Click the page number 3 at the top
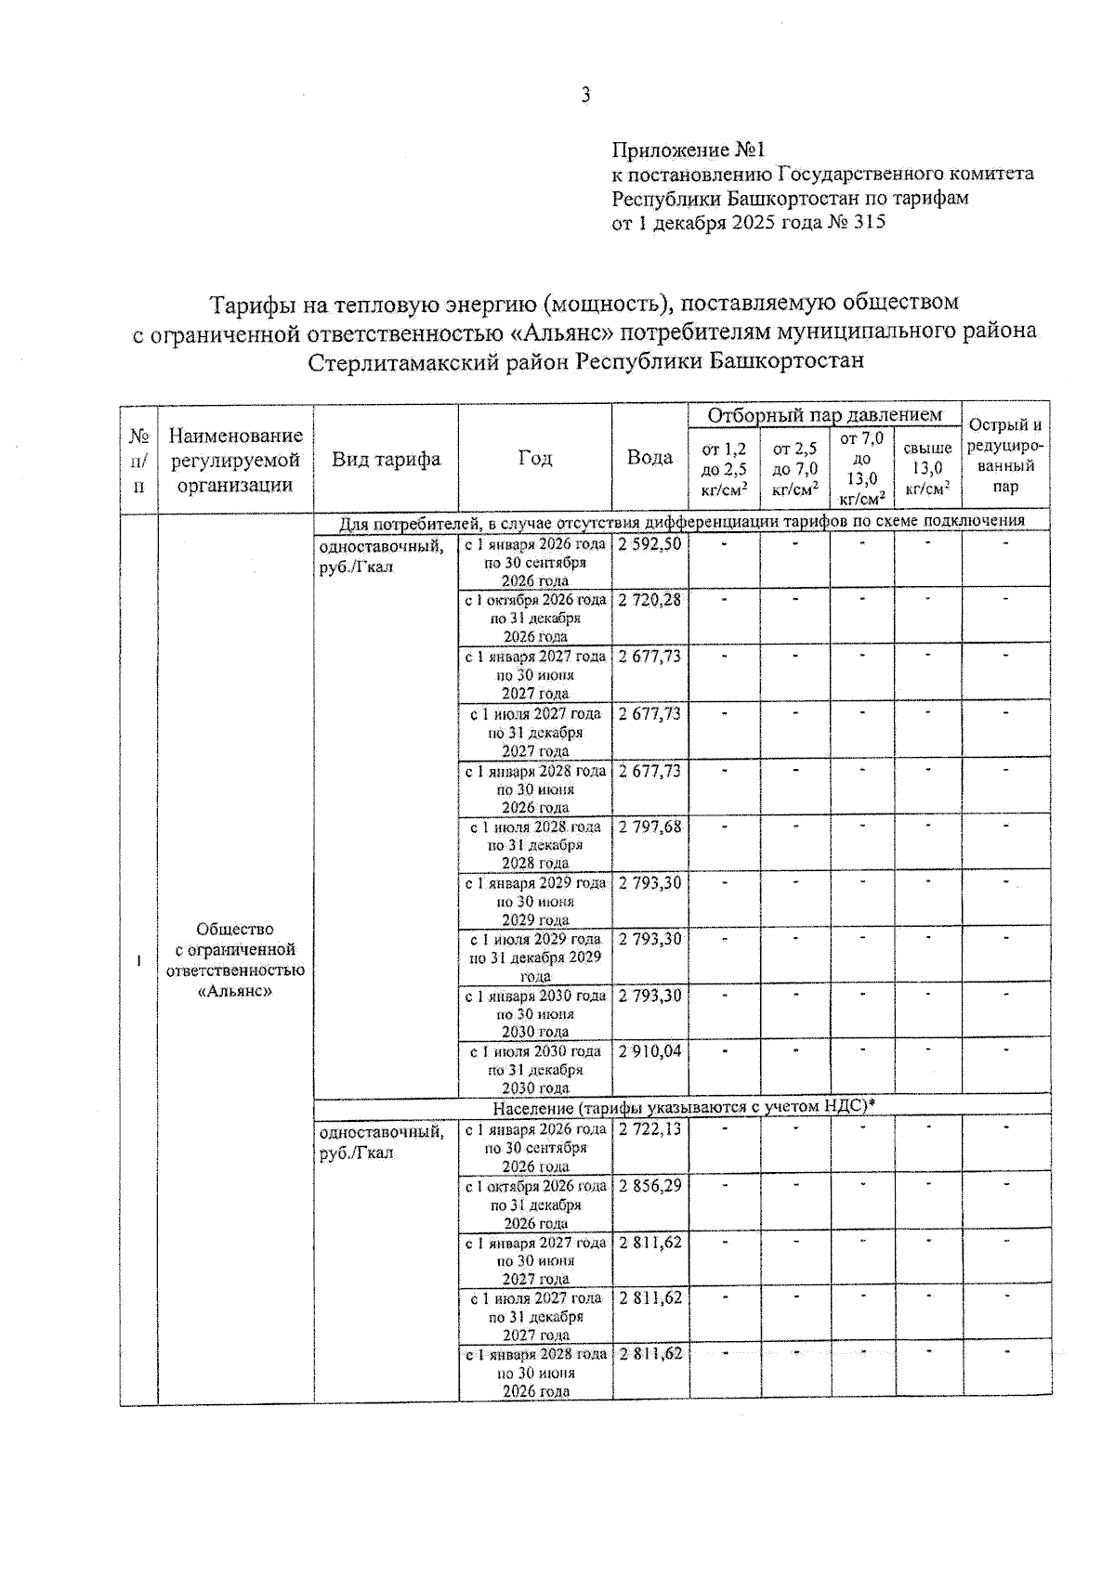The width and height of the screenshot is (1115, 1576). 585,96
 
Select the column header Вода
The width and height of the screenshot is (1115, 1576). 649,458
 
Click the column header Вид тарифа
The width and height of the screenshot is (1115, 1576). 386,459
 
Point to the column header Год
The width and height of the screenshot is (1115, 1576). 534,459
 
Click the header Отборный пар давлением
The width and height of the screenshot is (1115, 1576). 824,415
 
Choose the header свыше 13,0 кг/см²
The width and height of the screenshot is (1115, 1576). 926,468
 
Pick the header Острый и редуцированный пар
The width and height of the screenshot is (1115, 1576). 1005,456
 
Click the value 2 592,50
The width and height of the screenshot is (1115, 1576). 649,544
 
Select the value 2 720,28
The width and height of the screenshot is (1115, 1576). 649,601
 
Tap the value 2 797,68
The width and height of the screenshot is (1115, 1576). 649,827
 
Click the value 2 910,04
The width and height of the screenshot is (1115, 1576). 649,1051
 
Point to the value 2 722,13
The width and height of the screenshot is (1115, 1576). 649,1129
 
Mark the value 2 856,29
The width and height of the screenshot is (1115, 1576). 649,1186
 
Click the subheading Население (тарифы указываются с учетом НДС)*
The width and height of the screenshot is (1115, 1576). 683,1106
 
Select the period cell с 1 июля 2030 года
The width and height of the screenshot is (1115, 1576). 535,1070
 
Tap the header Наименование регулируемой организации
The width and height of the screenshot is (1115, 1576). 235,460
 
